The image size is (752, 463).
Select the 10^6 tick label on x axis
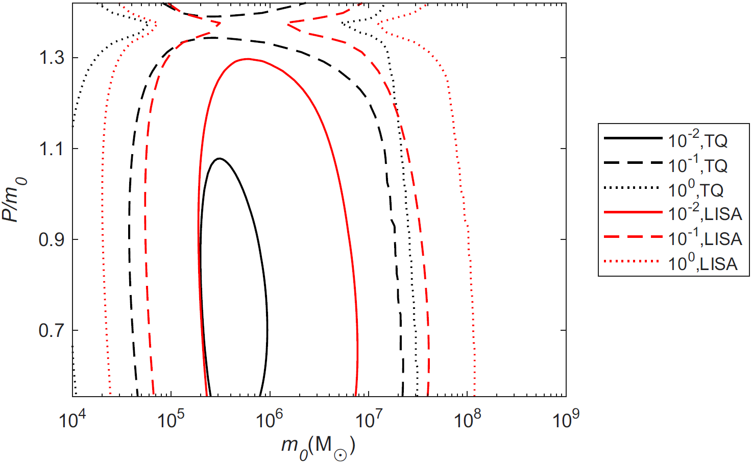[x=269, y=420]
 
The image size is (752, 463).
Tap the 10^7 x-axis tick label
[x=368, y=420]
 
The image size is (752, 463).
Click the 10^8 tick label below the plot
[x=467, y=420]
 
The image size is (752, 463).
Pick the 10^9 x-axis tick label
[x=566, y=420]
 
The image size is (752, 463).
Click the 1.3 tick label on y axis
[x=52, y=58]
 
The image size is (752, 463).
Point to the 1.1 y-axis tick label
[x=52, y=149]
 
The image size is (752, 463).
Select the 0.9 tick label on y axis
[x=52, y=239]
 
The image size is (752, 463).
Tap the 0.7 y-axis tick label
[x=52, y=330]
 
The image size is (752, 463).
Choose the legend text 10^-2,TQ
[x=697, y=140]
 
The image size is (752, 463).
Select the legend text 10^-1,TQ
[x=697, y=164]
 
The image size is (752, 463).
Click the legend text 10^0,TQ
[x=695, y=189]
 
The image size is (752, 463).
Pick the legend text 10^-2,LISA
[x=705, y=213]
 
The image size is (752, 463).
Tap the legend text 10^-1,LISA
[x=705, y=238]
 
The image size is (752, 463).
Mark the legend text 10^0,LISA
[x=702, y=263]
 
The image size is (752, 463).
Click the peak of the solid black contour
[x=220, y=159]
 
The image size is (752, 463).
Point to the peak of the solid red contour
[x=248, y=59]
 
